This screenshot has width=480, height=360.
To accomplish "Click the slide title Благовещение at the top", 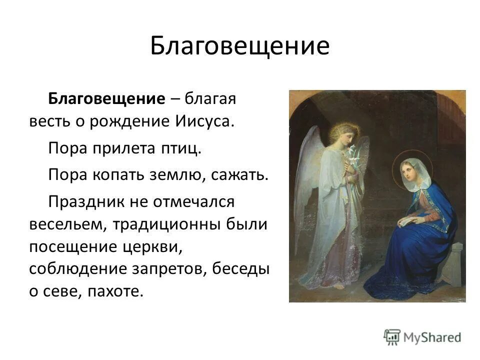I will click(x=239, y=46).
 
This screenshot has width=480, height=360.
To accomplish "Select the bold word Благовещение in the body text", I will click(x=106, y=98).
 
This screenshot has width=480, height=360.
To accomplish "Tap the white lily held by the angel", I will click(x=355, y=152).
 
